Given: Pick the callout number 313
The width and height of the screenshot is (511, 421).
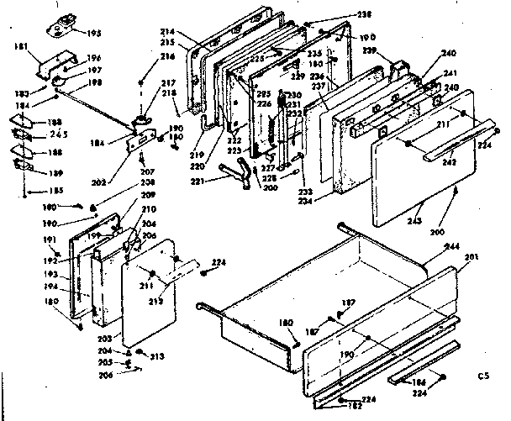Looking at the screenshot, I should pos(155,355).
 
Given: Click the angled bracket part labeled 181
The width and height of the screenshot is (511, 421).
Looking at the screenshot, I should pos(64,64).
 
